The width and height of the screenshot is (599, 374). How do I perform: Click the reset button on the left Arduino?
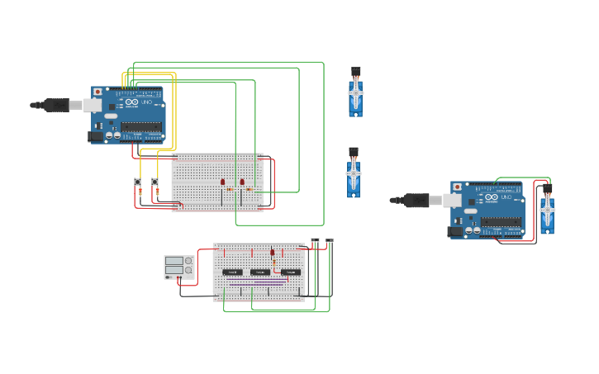click(97, 92)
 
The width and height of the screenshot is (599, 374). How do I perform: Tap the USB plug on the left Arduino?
click(58, 105)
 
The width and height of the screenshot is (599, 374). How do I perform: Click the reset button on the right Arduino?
click(457, 187)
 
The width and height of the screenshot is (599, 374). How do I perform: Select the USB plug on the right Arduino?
click(417, 200)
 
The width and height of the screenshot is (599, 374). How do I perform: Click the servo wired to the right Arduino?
click(547, 213)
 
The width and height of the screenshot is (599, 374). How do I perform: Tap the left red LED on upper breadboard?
click(222, 182)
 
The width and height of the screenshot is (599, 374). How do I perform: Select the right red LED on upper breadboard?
click(242, 182)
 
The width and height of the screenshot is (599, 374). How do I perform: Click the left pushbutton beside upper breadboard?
click(137, 182)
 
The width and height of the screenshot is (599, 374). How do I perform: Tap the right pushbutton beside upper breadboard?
click(155, 182)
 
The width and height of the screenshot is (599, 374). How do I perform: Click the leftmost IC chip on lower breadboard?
click(232, 272)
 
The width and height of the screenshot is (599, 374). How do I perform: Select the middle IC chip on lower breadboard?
click(259, 272)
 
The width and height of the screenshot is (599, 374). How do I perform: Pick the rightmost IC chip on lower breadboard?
click(289, 272)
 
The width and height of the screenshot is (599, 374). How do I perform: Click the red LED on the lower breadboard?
click(272, 253)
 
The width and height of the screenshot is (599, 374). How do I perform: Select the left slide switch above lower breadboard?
click(315, 241)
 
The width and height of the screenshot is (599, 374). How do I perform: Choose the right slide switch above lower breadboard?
click(330, 241)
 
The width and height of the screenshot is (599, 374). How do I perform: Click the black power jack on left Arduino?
click(95, 136)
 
